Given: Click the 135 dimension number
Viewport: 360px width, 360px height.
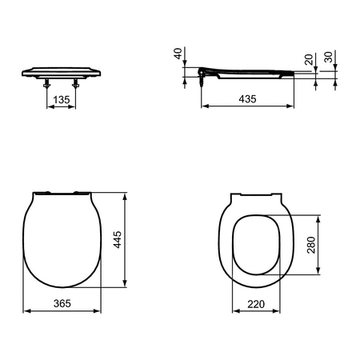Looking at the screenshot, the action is coord(62,100).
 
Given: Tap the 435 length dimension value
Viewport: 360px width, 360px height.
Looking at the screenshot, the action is coord(247,99).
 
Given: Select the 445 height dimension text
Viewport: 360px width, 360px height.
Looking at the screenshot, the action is coord(118,240).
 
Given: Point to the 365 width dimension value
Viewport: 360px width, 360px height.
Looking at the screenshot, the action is coord(62,303).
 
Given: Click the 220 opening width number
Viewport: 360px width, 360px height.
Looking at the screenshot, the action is coord(256,304).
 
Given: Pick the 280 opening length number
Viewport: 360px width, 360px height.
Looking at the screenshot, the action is coord(311,245).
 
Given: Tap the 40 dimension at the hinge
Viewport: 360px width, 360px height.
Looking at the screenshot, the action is coord(178,54).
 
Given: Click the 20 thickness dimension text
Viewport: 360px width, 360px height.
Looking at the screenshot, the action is coord(309,60).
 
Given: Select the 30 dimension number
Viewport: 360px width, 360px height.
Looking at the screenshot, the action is coord(328,57).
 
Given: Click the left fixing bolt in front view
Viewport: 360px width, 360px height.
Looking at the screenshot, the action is coord(47,83).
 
